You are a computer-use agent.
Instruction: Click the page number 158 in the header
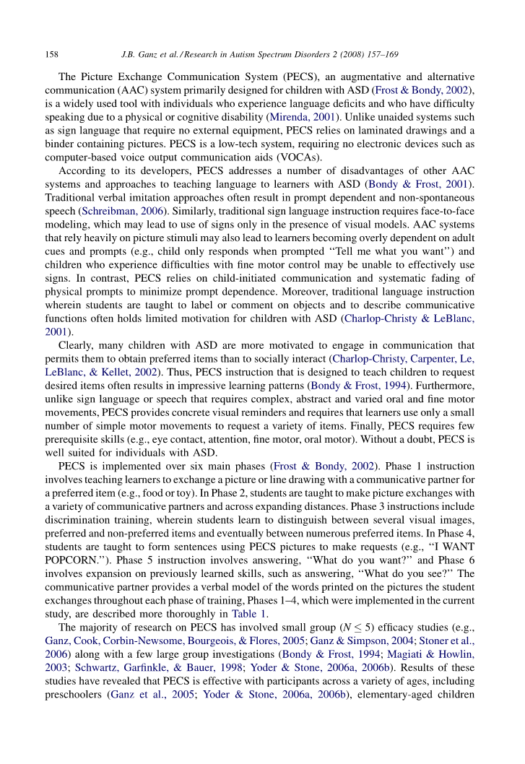[51, 55]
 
